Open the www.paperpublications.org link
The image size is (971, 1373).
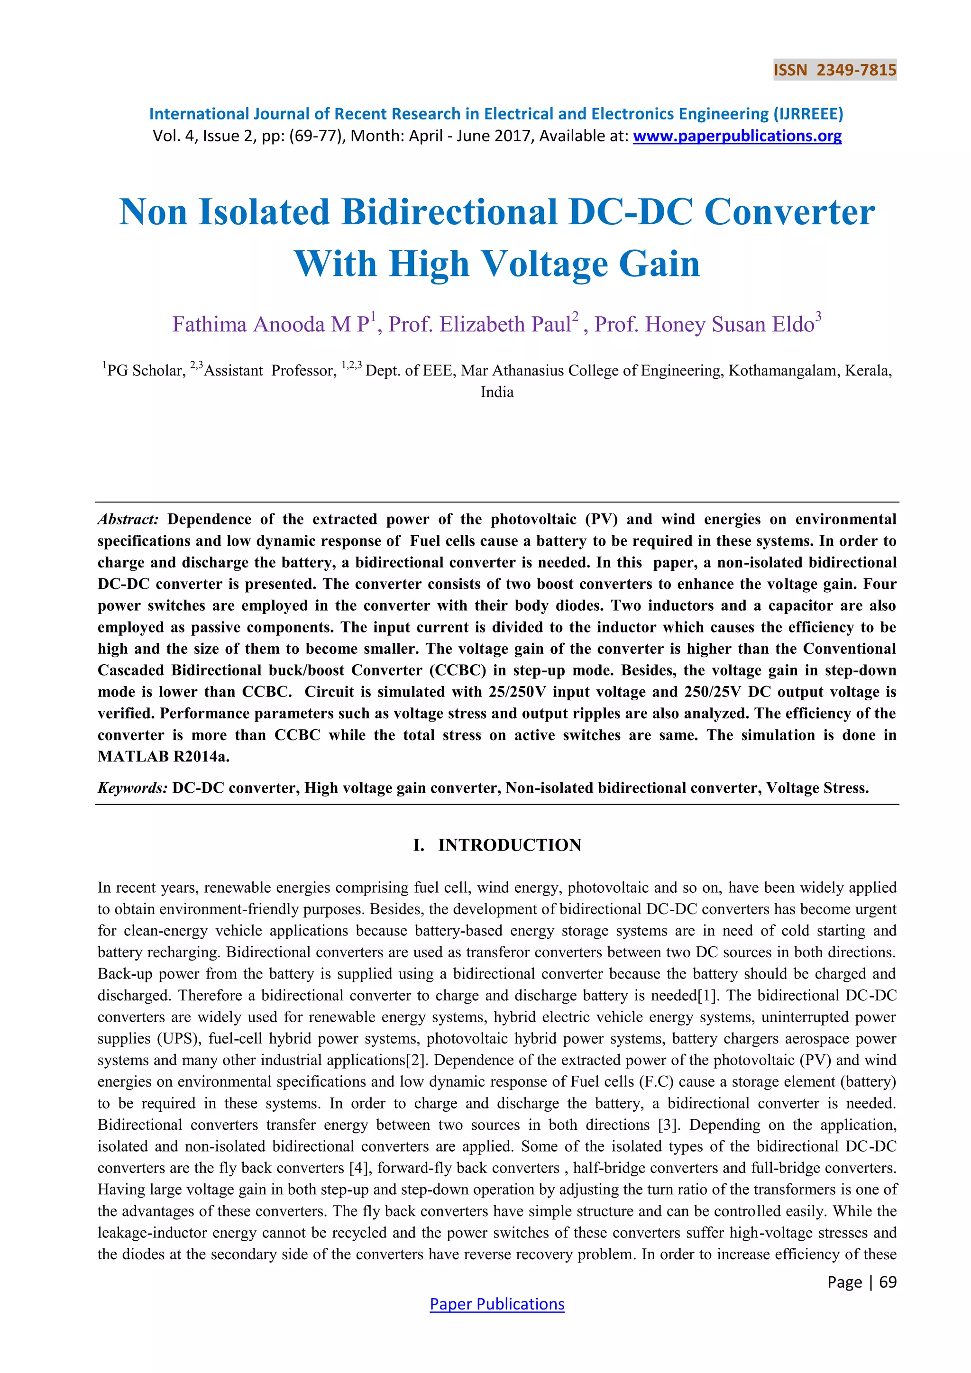click(x=737, y=137)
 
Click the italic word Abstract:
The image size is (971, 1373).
click(x=128, y=519)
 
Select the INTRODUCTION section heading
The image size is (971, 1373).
click(x=509, y=845)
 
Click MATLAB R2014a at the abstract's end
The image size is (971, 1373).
click(x=163, y=757)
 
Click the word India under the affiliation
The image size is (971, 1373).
click(x=497, y=392)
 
